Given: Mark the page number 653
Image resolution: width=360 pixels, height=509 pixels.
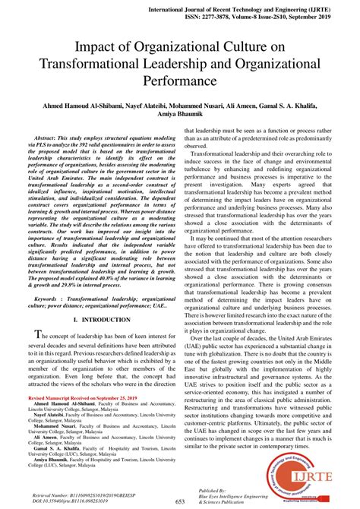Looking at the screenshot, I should (x=180, y=501).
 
